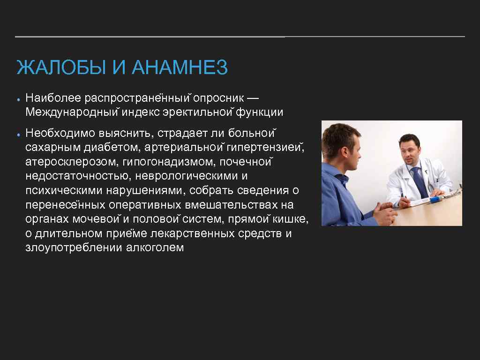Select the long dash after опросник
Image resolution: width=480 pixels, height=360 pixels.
[x=252, y=98]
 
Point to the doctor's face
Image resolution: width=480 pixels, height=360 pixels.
[x=408, y=149]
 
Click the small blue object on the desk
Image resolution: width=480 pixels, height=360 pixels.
[x=435, y=200]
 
